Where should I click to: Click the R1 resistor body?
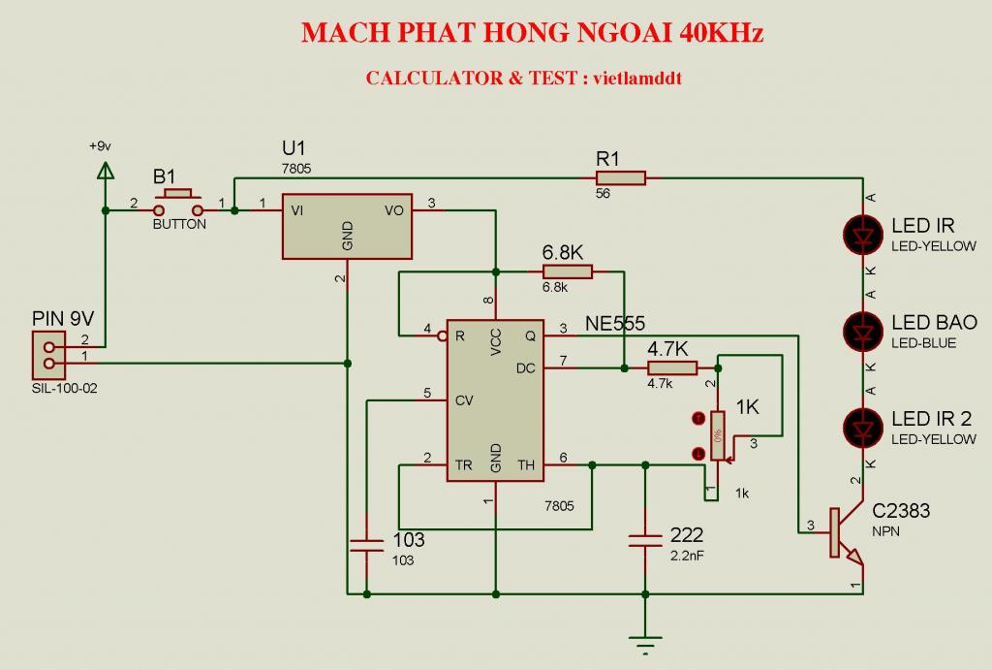pyautogui.click(x=620, y=177)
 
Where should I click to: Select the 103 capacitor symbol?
pyautogui.click(x=367, y=545)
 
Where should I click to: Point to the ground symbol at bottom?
pyautogui.click(x=645, y=640)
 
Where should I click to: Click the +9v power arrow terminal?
pyautogui.click(x=105, y=173)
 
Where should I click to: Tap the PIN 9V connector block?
pyautogui.click(x=46, y=355)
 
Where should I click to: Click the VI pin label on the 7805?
pyautogui.click(x=297, y=208)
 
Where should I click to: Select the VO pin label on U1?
pyautogui.click(x=394, y=208)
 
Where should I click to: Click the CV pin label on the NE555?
pyautogui.click(x=464, y=399)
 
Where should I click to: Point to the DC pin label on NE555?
pyautogui.click(x=526, y=367)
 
